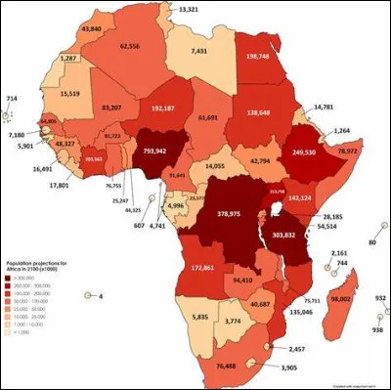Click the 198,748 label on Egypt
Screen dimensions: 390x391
pos(265,56)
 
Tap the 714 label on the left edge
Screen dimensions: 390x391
pos(12,99)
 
